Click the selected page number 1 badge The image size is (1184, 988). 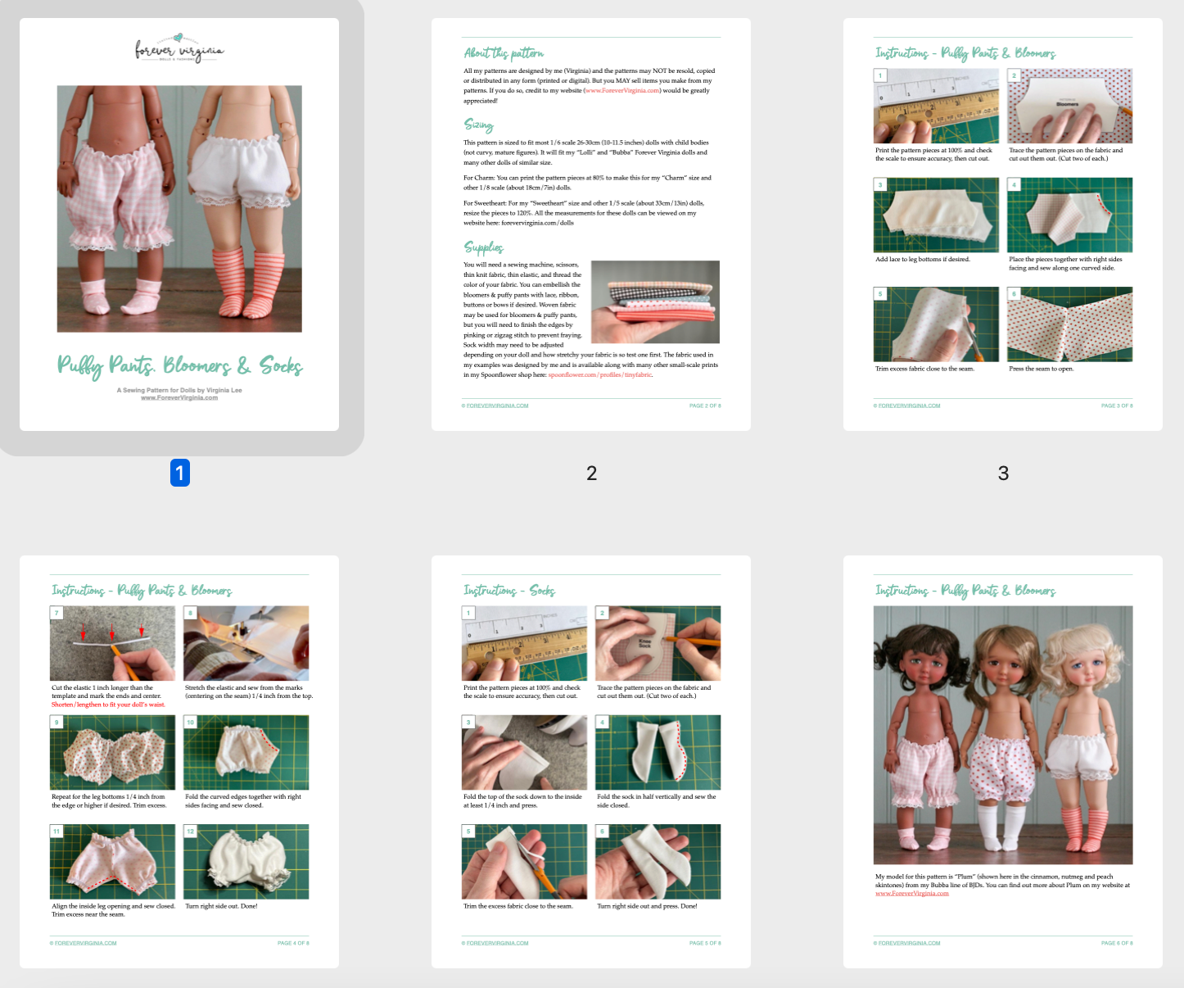click(180, 473)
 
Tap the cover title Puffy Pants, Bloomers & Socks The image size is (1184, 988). click(179, 365)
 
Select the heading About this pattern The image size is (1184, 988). click(504, 53)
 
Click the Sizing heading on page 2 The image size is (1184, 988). click(479, 125)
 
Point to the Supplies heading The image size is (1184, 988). click(484, 247)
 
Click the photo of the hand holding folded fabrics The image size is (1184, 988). click(655, 301)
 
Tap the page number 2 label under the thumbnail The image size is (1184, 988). click(591, 473)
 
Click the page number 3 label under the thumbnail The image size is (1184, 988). click(1003, 473)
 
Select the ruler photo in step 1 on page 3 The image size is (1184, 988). click(936, 106)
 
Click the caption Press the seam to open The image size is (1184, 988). click(1041, 369)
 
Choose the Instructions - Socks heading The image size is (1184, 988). click(509, 591)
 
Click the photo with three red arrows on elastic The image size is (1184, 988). click(113, 643)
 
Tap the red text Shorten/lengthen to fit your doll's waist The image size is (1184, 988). click(108, 705)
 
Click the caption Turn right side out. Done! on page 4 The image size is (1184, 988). click(221, 906)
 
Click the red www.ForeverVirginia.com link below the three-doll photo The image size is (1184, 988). click(911, 894)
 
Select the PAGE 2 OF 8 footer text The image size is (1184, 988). click(705, 406)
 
